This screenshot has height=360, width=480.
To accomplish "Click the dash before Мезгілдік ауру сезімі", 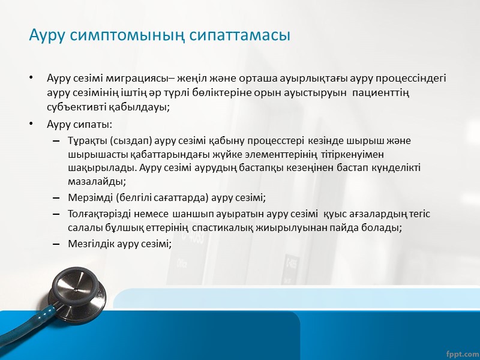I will coord(56,244).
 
